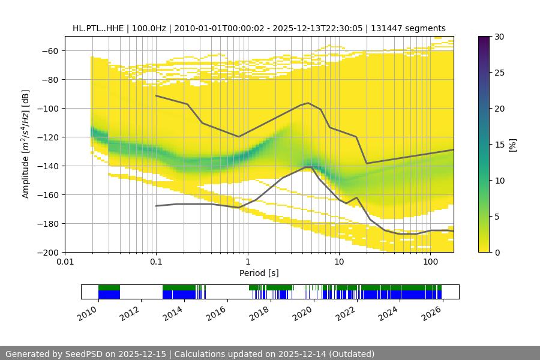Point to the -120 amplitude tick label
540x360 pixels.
(x=48, y=137)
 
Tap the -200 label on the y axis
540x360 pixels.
(x=48, y=252)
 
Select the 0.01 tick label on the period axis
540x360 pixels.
(x=65, y=262)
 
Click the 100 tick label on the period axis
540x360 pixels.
(x=430, y=262)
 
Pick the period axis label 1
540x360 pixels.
(x=247, y=262)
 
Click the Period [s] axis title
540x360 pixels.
(x=259, y=273)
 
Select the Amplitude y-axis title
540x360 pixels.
(x=26, y=144)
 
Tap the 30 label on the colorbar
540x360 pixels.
(x=500, y=37)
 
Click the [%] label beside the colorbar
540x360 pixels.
(x=512, y=145)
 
